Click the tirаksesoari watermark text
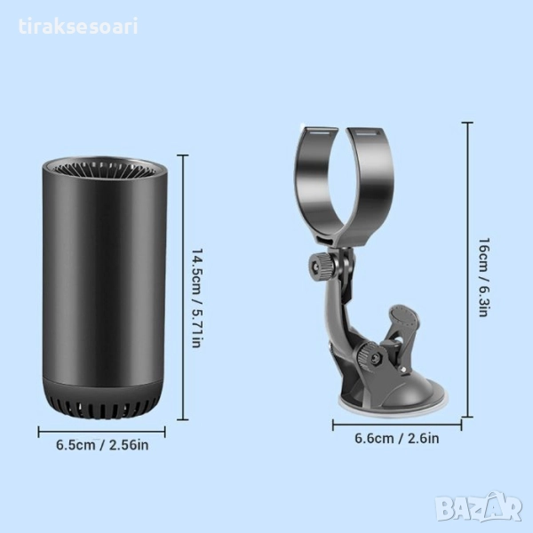click(x=78, y=27)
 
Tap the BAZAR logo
click(x=480, y=507)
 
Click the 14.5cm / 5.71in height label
click(x=197, y=298)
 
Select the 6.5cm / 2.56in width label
click(x=102, y=445)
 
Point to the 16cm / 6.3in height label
click(x=484, y=277)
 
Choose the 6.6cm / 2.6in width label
click(x=397, y=438)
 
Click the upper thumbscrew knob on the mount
click(x=322, y=266)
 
